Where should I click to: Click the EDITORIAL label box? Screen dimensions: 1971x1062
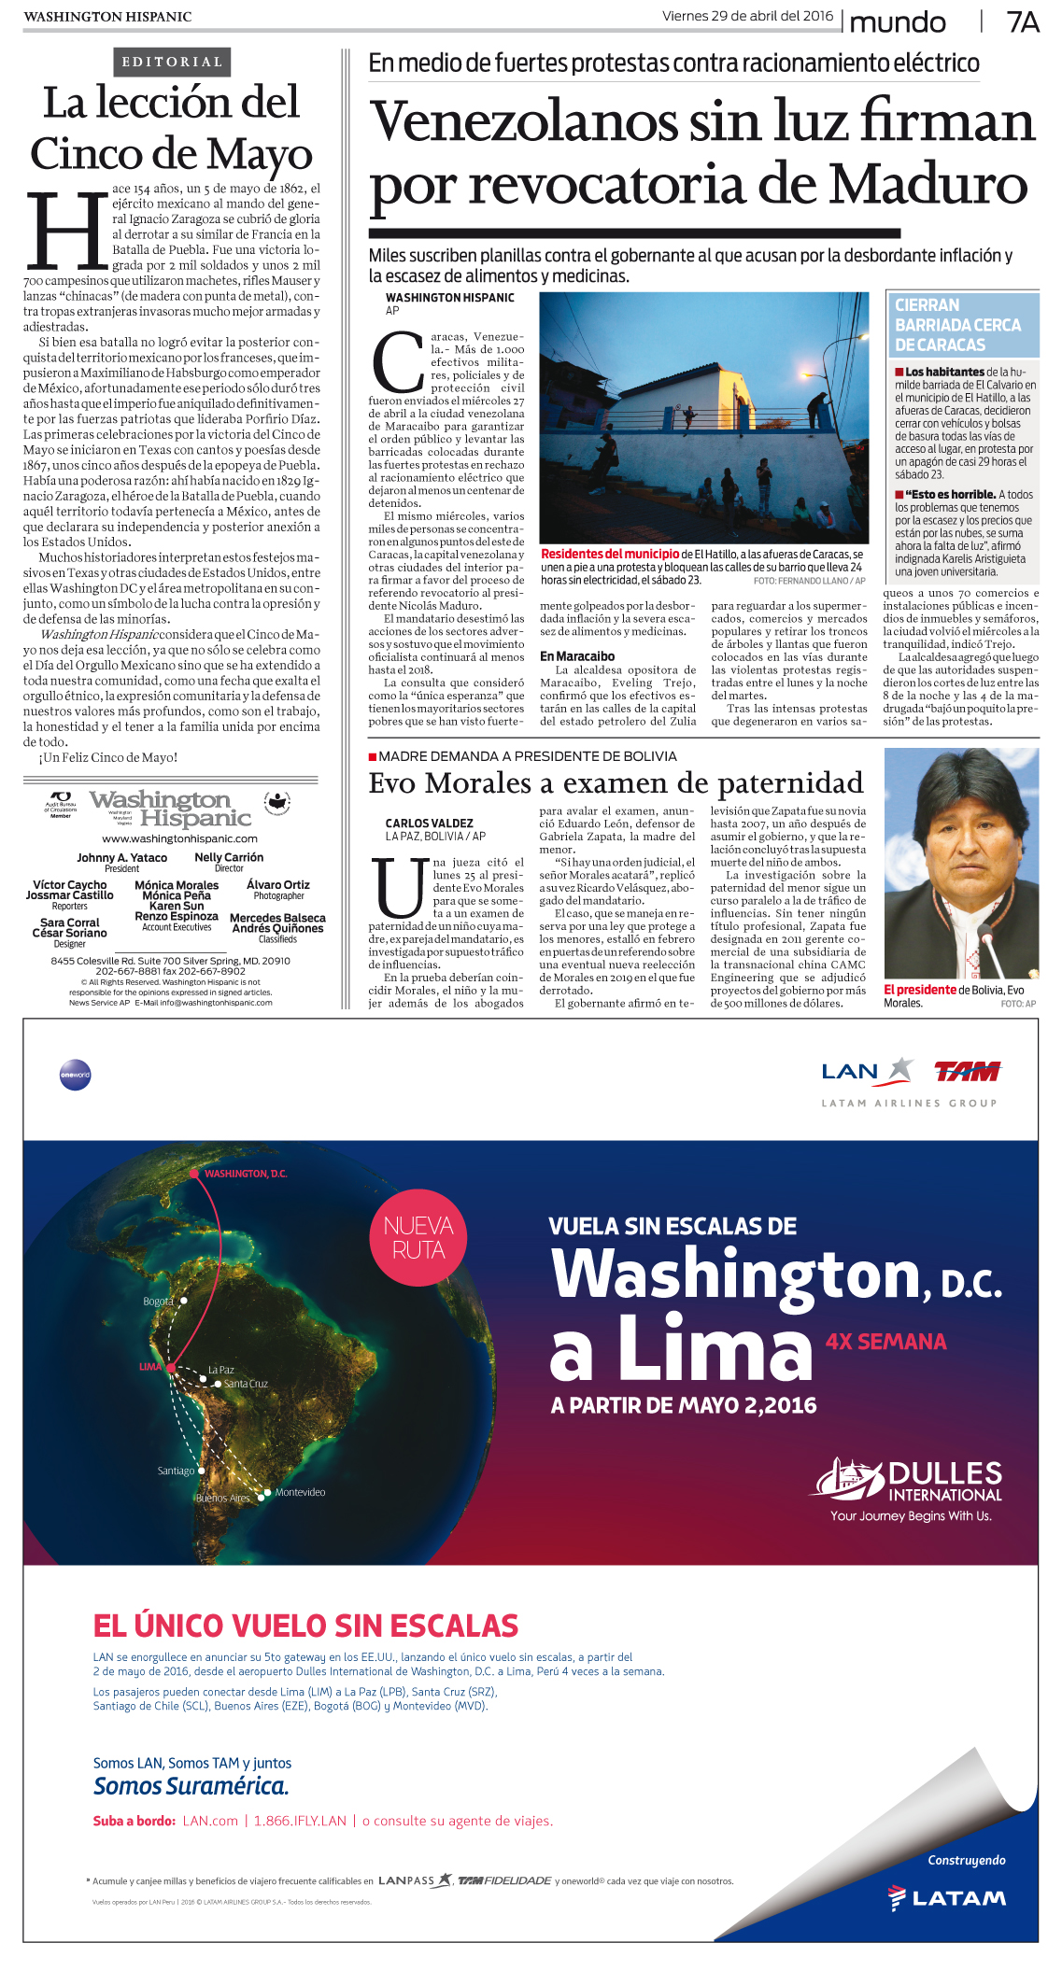tap(173, 63)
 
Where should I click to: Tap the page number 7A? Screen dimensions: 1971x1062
tap(1022, 22)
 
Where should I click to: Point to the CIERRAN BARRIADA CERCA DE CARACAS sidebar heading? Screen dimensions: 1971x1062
tap(960, 325)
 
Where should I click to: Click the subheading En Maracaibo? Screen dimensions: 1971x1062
tap(577, 656)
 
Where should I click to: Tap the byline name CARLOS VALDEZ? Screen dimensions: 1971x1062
tap(429, 824)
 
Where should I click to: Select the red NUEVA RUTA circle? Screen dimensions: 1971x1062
tap(418, 1237)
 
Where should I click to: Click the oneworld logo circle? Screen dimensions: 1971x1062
tap(75, 1075)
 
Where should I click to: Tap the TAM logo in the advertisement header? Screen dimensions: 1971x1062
tap(967, 1072)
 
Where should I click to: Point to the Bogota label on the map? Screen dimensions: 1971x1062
tap(158, 1301)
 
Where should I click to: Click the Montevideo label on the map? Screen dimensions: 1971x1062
tap(300, 1492)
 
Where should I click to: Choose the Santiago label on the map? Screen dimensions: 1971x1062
tap(176, 1471)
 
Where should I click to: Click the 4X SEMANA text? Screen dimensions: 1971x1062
tap(885, 1342)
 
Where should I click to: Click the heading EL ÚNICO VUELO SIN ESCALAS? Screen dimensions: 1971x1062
tap(305, 1626)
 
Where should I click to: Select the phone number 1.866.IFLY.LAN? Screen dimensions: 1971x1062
tap(300, 1821)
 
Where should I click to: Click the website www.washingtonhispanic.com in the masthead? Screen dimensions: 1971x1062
tap(179, 838)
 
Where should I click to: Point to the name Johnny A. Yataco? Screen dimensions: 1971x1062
tap(121, 857)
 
